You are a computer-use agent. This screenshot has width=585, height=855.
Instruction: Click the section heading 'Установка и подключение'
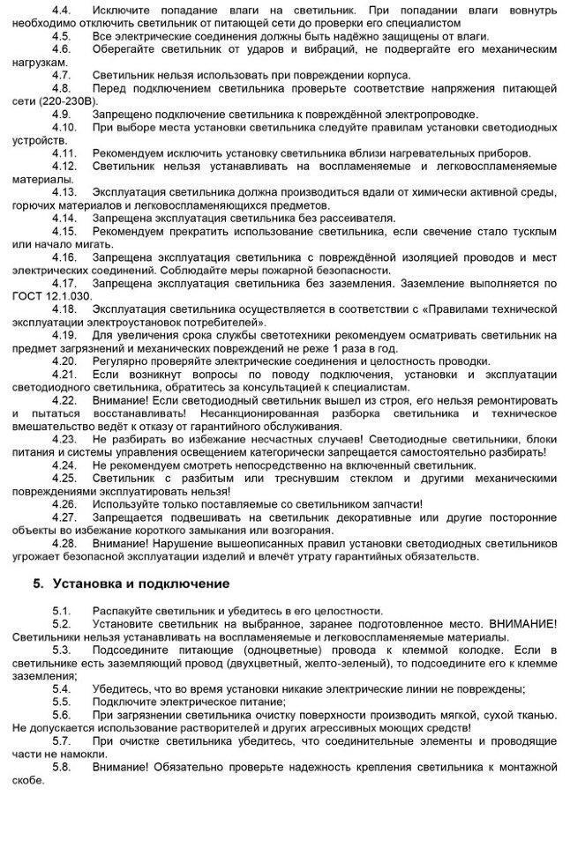[x=141, y=584]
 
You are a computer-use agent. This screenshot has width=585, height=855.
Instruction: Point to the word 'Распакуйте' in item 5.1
[x=123, y=611]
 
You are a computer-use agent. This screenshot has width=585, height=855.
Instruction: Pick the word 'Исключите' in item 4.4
[x=122, y=8]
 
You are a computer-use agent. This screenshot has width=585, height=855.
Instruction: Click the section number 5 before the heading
[x=37, y=584]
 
